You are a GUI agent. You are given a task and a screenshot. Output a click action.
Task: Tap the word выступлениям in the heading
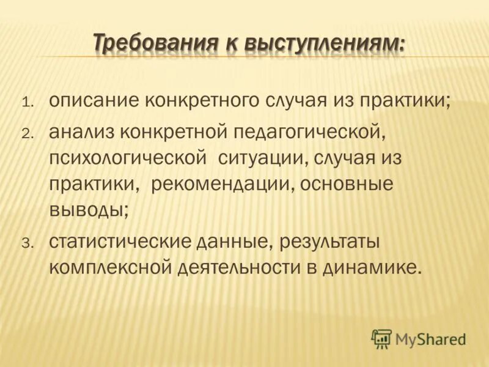[323, 44]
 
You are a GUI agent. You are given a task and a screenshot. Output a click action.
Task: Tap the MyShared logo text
[430, 338]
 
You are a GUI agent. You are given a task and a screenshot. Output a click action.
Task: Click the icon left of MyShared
[381, 338]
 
